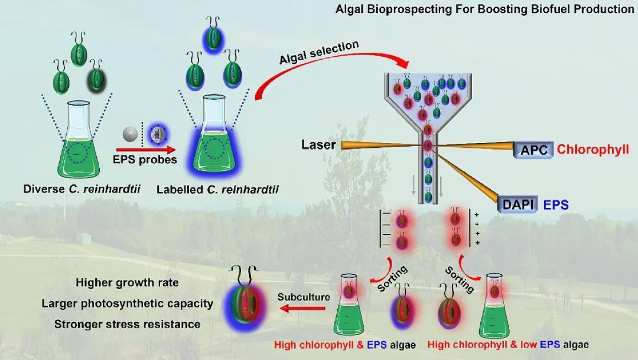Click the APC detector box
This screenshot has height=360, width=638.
click(x=533, y=150)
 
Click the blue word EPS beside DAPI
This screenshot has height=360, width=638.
click(x=556, y=205)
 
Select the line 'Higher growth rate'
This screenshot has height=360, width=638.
click(x=119, y=282)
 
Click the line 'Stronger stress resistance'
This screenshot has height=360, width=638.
click(x=127, y=324)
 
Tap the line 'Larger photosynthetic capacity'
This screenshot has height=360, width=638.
click(x=127, y=303)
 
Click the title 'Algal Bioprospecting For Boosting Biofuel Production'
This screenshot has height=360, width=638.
click(x=484, y=9)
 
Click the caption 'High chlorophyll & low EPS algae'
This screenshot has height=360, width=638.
click(x=508, y=344)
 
